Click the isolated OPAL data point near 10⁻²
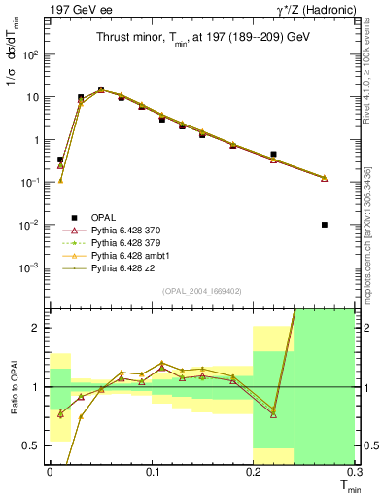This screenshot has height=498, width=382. [324, 225]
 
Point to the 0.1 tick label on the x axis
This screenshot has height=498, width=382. [152, 471]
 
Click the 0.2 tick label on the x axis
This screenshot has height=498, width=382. [254, 471]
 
